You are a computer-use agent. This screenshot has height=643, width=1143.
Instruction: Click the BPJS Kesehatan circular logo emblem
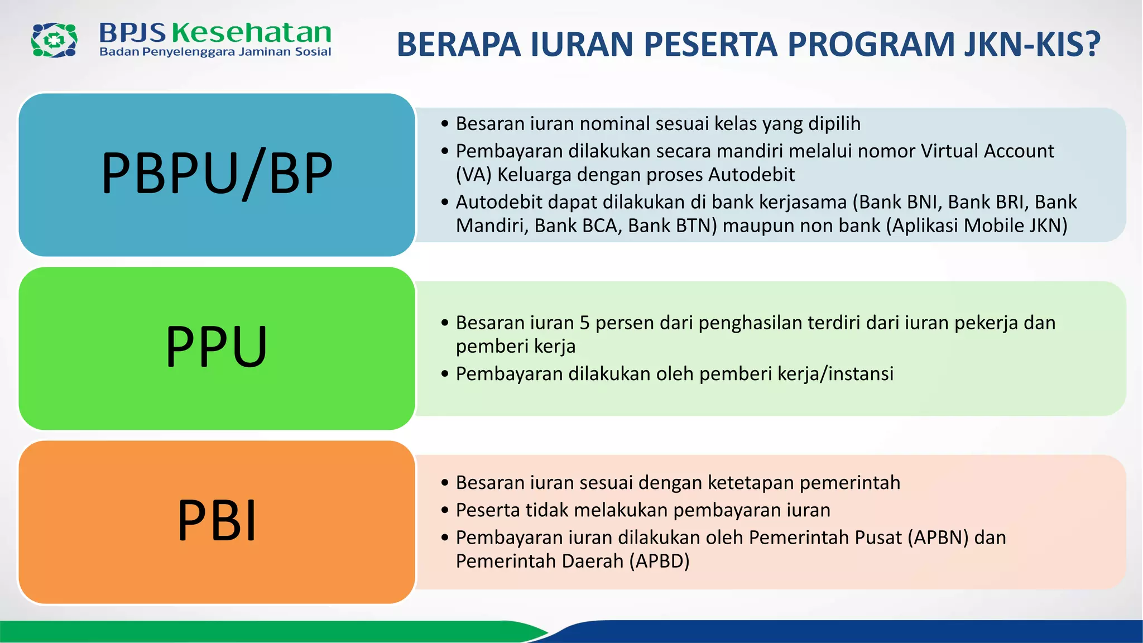tap(54, 40)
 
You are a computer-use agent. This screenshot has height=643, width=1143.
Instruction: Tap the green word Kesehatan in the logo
tap(251, 33)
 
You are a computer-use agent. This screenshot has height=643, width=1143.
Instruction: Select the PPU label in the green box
tap(217, 347)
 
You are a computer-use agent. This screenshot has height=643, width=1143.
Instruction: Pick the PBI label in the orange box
tap(217, 520)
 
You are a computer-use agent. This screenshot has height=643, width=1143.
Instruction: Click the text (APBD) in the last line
tap(659, 561)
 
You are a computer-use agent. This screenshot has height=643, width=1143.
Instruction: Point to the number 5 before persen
tap(584, 323)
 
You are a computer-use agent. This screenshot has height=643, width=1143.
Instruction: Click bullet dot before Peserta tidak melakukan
tap(445, 510)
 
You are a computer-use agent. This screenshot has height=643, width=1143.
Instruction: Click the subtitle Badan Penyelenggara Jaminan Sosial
tap(215, 52)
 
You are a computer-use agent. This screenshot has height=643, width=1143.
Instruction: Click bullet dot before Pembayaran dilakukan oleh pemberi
tap(445, 374)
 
